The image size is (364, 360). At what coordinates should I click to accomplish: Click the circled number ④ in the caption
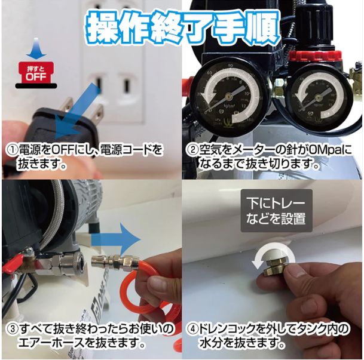coord(193,330)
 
